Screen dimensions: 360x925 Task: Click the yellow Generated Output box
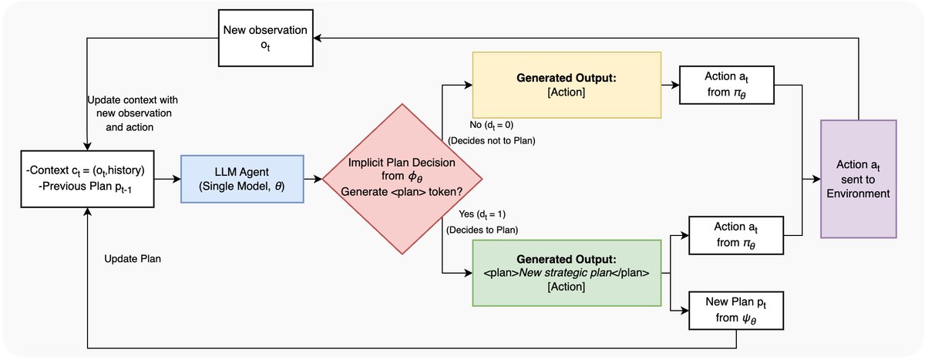click(x=566, y=85)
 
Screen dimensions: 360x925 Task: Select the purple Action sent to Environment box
click(x=859, y=179)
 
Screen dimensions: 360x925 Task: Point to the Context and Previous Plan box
click(x=88, y=179)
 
